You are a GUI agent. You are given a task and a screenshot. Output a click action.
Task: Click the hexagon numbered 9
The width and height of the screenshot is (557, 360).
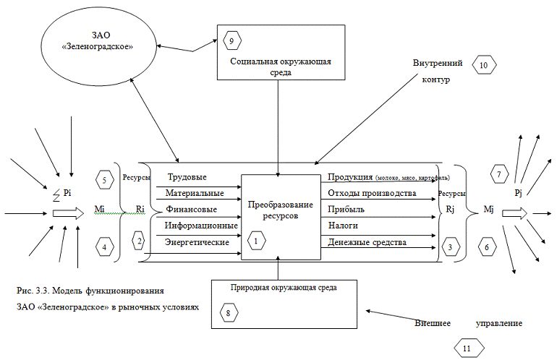[231, 41]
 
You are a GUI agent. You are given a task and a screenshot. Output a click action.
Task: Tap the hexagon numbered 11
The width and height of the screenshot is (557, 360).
[466, 348]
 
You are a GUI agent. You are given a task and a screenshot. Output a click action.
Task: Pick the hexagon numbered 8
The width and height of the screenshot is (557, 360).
[229, 314]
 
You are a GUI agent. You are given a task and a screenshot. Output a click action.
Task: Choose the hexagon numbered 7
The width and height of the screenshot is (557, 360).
[498, 173]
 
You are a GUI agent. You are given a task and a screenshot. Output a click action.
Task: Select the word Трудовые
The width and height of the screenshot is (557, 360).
[187, 178]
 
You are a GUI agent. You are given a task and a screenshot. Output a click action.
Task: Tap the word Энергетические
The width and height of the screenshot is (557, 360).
[197, 241]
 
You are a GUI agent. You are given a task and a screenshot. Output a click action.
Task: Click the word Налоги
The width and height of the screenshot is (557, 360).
[343, 226]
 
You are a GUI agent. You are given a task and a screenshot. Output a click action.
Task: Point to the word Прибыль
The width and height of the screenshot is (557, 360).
[346, 210]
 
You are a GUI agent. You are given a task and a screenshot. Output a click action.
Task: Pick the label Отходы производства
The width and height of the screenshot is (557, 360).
[371, 194]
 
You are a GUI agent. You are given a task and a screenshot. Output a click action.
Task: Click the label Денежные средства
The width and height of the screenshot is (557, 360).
[366, 241]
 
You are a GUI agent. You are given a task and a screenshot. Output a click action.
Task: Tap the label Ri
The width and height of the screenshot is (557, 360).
[140, 209]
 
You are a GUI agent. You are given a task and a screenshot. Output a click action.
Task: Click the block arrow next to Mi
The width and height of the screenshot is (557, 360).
[69, 214]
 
